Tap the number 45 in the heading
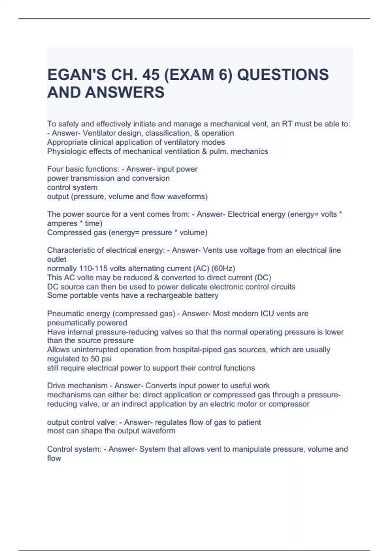(x=151, y=75)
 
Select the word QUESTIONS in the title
(x=283, y=75)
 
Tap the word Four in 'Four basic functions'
(x=54, y=169)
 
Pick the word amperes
(x=62, y=223)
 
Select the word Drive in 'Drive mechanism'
(x=56, y=386)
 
